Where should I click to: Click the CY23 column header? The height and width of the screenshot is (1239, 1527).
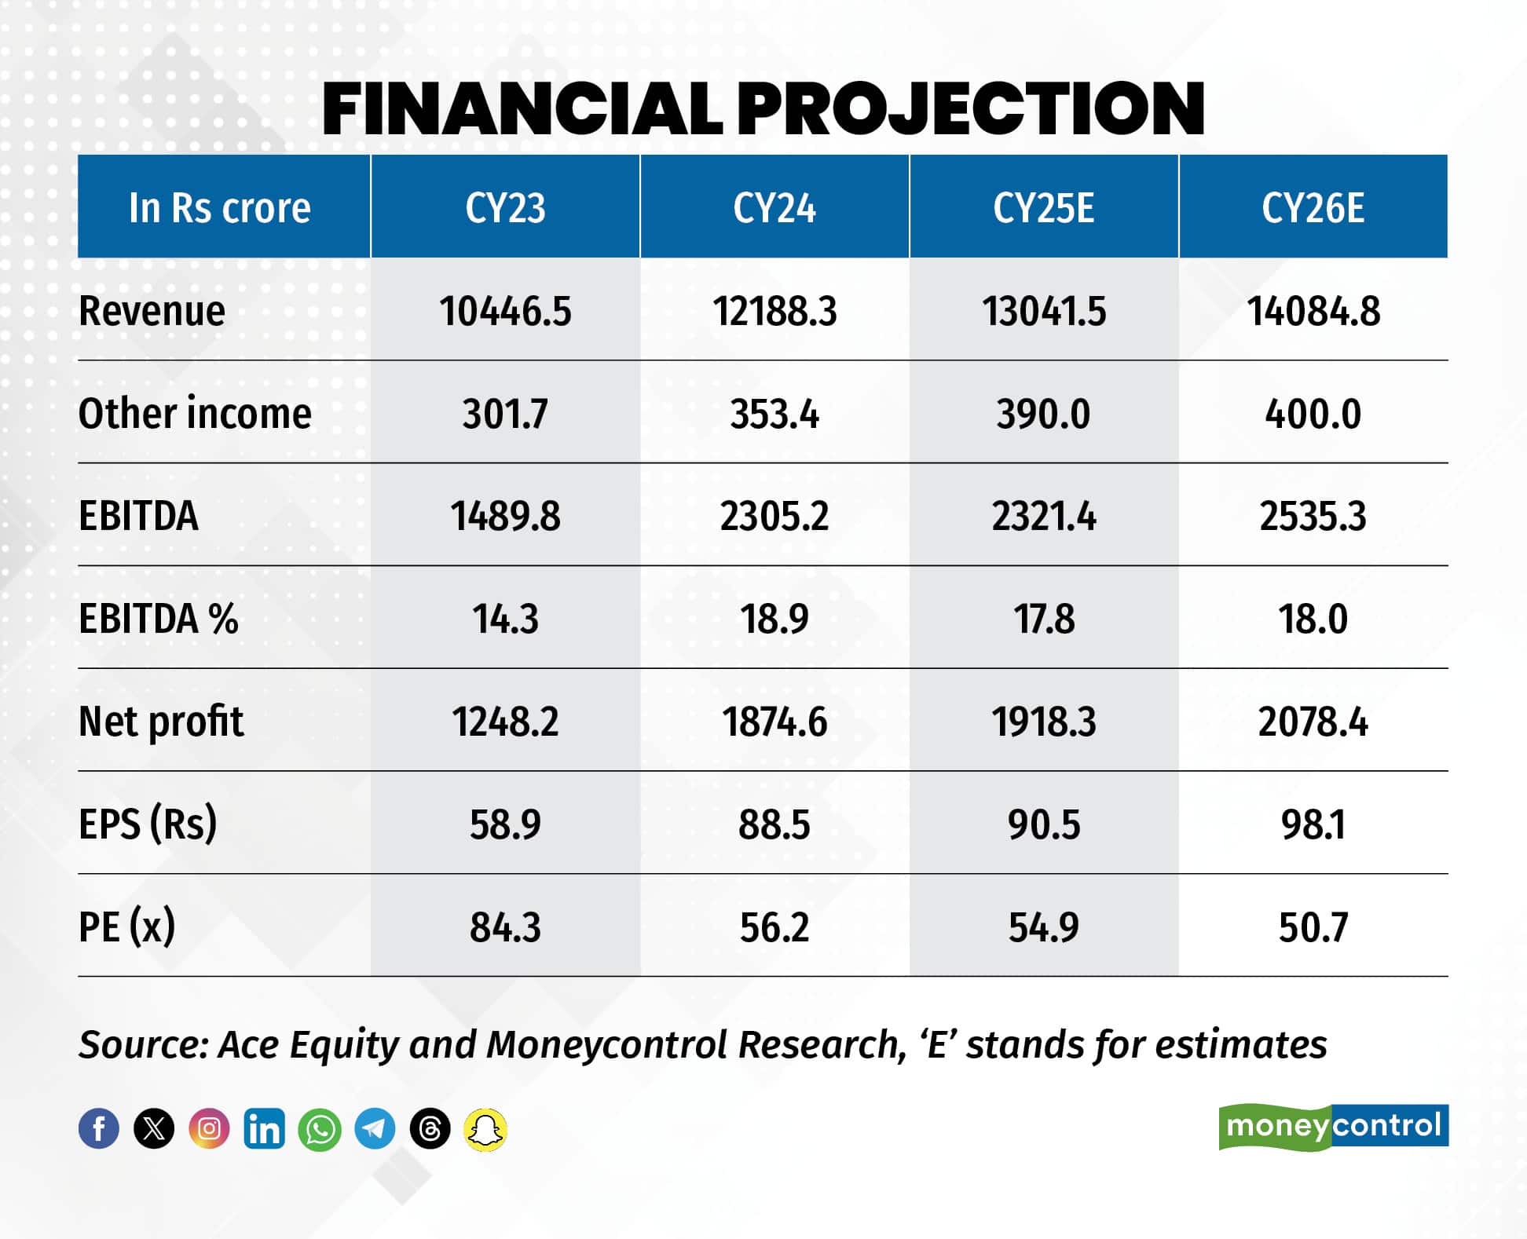point(505,208)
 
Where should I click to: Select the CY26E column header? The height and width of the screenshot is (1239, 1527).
point(1313,208)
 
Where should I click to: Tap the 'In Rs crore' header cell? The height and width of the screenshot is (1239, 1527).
point(220,208)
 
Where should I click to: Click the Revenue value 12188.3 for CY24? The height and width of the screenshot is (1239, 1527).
point(774,311)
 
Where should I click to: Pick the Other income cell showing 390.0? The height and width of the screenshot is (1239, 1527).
point(1043,414)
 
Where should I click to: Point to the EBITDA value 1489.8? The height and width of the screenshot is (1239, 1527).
point(505,517)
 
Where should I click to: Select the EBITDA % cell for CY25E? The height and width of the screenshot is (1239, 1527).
point(1043,619)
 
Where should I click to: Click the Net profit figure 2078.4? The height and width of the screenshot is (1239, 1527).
point(1313,722)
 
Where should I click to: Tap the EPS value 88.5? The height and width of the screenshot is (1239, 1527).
point(774,824)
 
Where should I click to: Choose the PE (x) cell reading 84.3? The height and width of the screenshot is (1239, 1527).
point(505,927)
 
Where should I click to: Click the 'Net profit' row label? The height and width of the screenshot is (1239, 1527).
point(161,722)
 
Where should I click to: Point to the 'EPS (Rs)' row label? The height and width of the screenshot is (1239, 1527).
point(148,824)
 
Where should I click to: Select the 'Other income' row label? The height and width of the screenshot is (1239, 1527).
point(195,414)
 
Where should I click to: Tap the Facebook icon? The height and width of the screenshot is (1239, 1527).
point(99,1129)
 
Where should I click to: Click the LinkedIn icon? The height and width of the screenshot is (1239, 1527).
point(264,1129)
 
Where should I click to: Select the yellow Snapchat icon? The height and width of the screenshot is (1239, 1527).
point(485,1130)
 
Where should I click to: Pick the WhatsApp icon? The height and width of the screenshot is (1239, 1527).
point(320,1130)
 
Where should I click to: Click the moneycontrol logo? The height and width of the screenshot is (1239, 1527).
point(1333,1127)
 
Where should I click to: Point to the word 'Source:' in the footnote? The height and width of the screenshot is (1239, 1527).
point(143,1045)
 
